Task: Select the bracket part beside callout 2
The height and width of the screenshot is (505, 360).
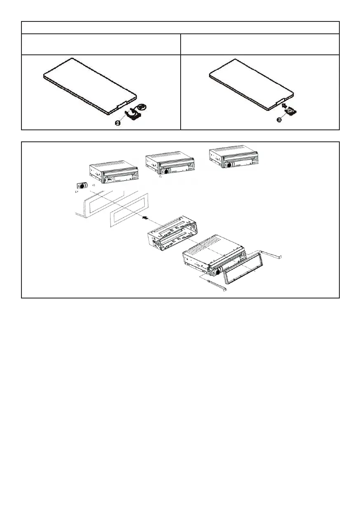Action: coord(133,114)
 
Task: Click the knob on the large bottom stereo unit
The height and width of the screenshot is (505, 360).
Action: coord(215,272)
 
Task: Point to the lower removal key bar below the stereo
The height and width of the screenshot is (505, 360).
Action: coord(214,284)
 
